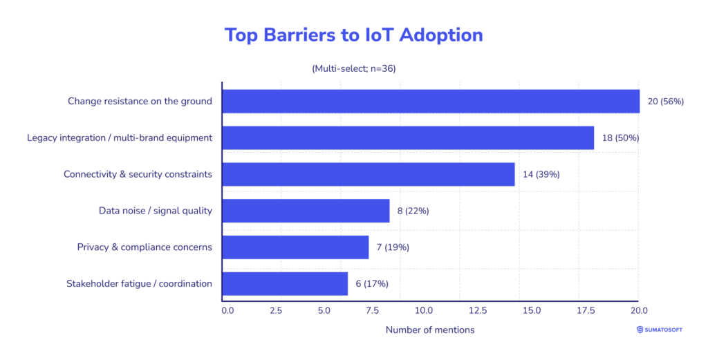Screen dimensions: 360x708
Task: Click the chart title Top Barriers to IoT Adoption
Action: [354, 35]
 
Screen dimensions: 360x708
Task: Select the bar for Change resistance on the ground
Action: [430, 101]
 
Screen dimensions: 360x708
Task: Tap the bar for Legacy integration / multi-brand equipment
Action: [407, 138]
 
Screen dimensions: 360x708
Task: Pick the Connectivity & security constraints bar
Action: [368, 174]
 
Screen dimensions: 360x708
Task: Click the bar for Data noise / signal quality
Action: [305, 211]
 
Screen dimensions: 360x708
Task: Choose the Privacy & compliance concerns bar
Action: [295, 247]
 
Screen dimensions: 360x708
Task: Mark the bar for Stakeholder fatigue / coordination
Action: [284, 283]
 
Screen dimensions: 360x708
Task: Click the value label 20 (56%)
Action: [665, 102]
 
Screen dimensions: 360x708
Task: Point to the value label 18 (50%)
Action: [620, 138]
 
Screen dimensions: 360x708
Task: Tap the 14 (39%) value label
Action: [541, 174]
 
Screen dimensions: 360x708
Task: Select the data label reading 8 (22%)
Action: [413, 211]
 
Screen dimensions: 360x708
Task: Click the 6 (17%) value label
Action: [371, 283]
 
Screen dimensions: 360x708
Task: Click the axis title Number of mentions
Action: [430, 330]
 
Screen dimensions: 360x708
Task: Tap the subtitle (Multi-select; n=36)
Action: [354, 68]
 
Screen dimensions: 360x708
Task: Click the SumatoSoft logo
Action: [659, 330]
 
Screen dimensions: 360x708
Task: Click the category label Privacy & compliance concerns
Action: [145, 247]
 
